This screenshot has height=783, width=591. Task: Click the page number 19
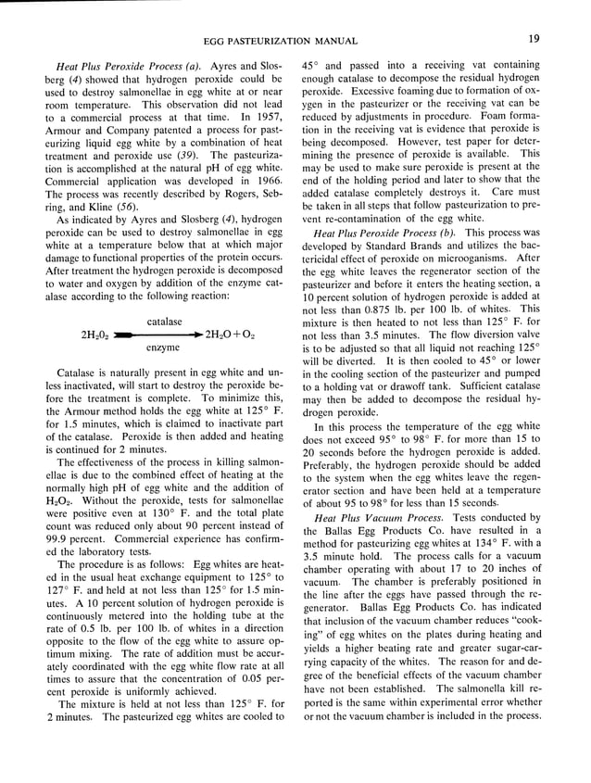(x=535, y=38)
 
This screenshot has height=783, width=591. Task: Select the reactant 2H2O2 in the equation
(x=94, y=335)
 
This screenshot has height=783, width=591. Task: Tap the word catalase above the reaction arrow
(x=163, y=321)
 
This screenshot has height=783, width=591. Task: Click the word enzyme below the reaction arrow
(x=163, y=347)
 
